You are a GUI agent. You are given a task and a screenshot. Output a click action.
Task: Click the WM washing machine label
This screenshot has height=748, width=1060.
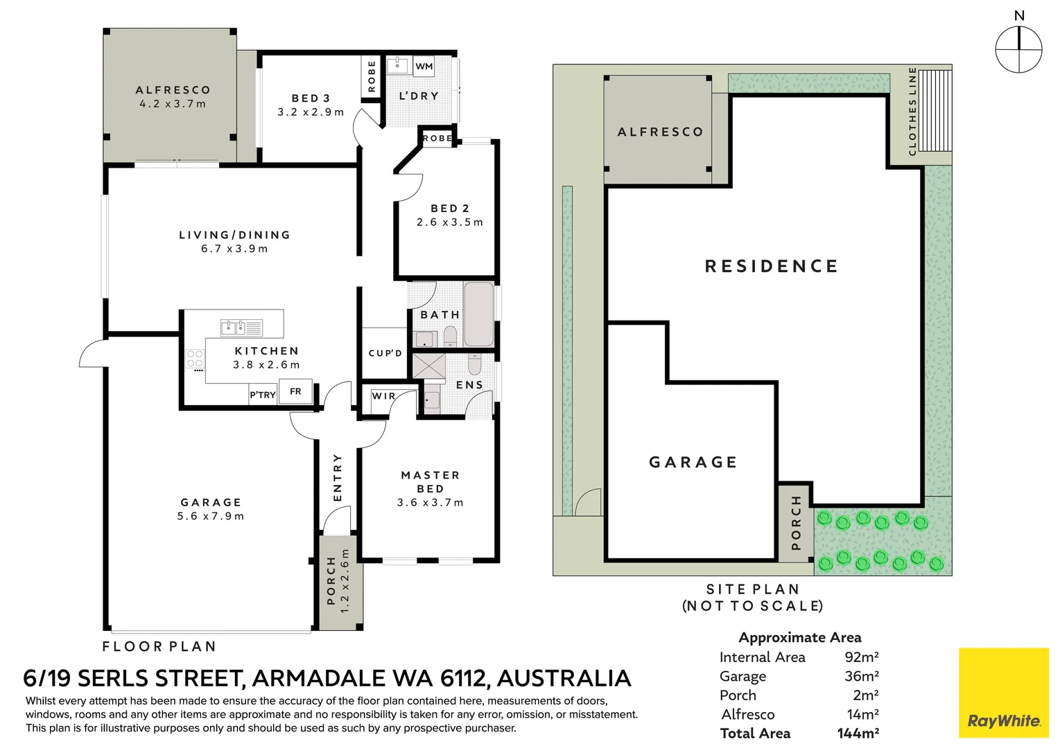pyautogui.click(x=424, y=66)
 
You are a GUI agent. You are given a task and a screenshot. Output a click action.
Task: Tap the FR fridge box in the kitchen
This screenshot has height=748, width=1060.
pyautogui.click(x=295, y=391)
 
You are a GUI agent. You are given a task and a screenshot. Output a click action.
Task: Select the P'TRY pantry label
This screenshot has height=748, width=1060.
pyautogui.click(x=263, y=395)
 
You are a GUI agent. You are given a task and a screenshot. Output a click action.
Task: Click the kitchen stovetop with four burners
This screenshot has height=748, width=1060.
pyautogui.click(x=195, y=359)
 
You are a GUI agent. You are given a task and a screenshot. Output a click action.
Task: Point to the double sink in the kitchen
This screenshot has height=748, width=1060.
pyautogui.click(x=241, y=328)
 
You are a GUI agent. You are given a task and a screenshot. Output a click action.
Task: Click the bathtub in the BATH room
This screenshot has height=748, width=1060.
pyautogui.click(x=479, y=314)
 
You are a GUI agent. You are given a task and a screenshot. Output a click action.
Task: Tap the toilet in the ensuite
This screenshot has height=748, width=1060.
pyautogui.click(x=474, y=364)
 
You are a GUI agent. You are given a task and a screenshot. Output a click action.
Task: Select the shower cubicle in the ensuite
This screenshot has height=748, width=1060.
pyautogui.click(x=428, y=366)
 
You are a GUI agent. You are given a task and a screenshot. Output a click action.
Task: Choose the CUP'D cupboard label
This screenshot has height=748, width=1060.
pyautogui.click(x=385, y=353)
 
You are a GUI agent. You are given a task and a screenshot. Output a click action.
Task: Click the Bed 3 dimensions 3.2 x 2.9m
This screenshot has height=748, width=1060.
pyautogui.click(x=311, y=112)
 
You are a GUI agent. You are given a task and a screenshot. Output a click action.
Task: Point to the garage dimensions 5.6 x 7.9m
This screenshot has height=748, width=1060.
pyautogui.click(x=211, y=516)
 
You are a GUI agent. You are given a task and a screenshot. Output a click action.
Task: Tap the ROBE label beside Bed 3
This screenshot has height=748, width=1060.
pyautogui.click(x=372, y=76)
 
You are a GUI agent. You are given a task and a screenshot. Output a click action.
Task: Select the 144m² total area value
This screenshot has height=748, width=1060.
pyautogui.click(x=858, y=733)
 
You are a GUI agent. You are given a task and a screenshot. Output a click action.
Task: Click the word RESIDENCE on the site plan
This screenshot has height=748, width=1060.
pyautogui.click(x=772, y=266)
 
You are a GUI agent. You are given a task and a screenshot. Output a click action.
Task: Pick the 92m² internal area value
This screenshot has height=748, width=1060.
pyautogui.click(x=862, y=657)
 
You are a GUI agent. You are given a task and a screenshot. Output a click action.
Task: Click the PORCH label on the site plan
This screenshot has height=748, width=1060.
pyautogui.click(x=796, y=523)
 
